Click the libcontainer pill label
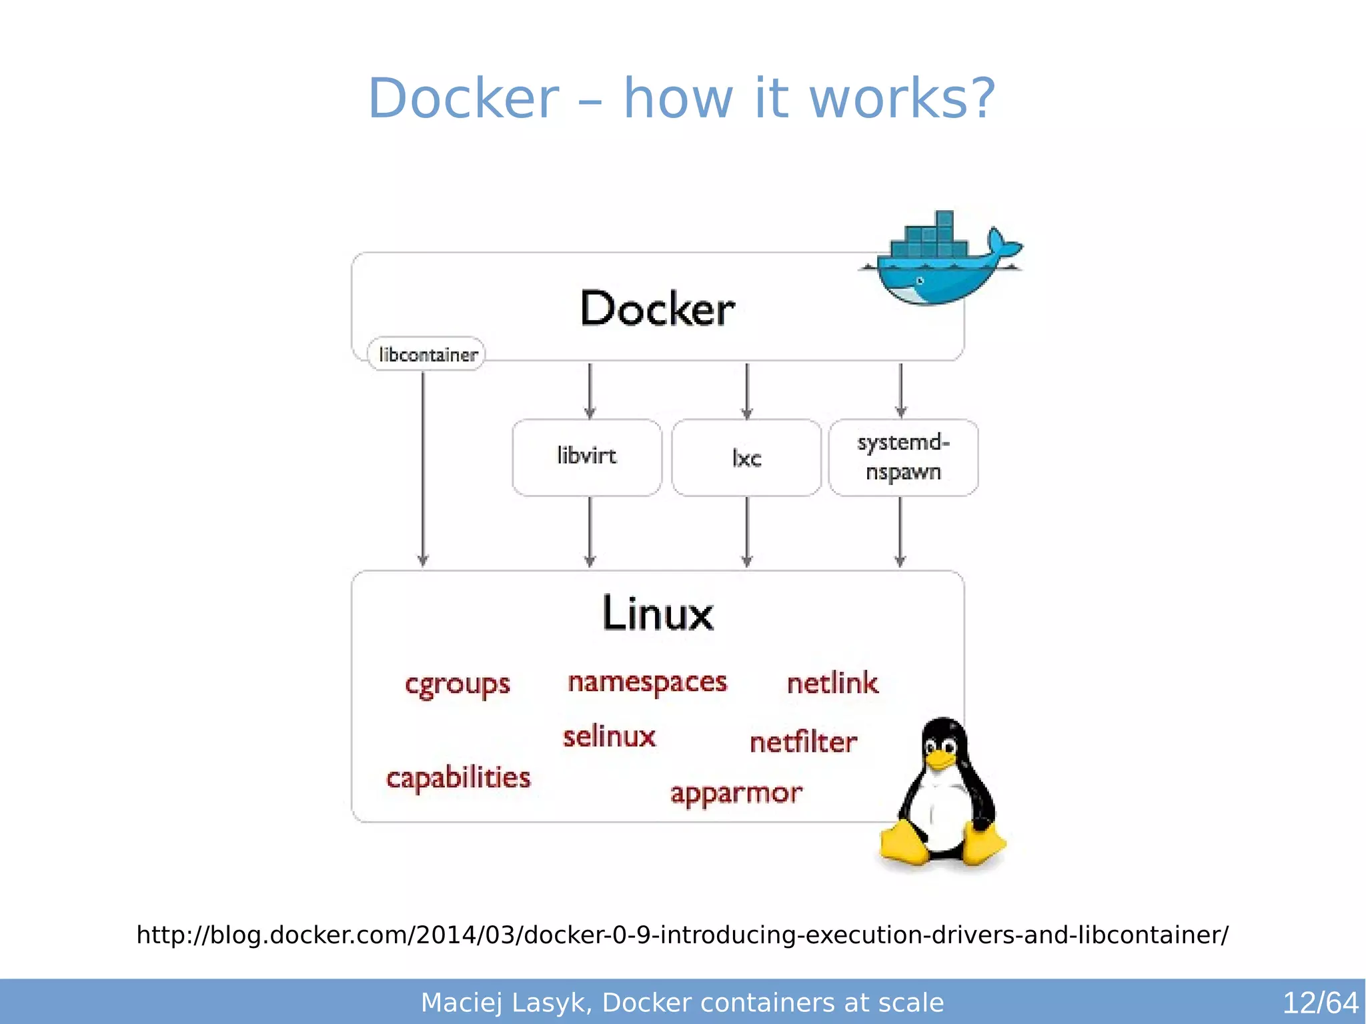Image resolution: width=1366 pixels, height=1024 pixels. click(427, 354)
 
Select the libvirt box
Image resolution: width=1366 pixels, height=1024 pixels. click(587, 457)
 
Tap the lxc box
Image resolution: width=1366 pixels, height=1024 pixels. click(746, 458)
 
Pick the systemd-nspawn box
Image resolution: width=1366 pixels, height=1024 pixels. click(903, 457)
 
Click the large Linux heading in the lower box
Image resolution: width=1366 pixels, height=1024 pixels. click(658, 614)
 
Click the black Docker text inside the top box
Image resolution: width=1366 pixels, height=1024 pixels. click(658, 309)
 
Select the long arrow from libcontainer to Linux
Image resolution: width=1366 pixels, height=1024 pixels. click(423, 467)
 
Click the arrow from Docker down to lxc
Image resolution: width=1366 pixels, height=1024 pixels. click(747, 390)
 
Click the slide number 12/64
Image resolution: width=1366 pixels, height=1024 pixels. click(1320, 1003)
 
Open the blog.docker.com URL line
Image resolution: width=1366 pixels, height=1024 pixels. click(682, 935)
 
